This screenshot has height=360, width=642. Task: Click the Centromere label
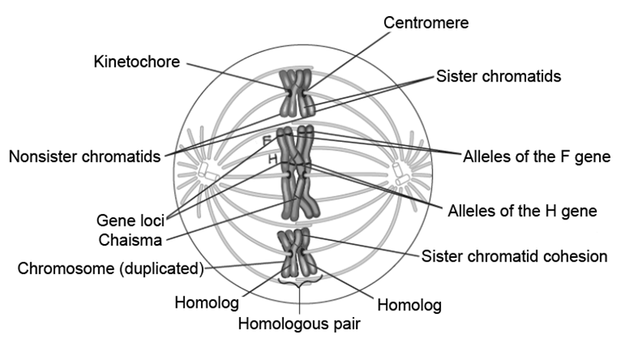click(426, 23)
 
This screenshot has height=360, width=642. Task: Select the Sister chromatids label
click(499, 77)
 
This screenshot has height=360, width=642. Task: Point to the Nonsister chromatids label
click(84, 157)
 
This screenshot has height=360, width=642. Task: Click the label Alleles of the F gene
click(537, 157)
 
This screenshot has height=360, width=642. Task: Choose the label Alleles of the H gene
click(522, 210)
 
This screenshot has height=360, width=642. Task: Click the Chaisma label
click(131, 239)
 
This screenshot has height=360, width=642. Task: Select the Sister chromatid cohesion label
click(514, 256)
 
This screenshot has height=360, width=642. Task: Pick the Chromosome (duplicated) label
click(110, 269)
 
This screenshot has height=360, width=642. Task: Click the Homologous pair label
click(299, 323)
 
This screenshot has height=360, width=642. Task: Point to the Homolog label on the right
click(406, 306)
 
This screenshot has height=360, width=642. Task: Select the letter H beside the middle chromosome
click(272, 158)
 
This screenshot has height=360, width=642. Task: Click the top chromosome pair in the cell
click(295, 93)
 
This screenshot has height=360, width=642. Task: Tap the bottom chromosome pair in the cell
click(295, 253)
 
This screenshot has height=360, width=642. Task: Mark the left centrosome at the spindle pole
click(206, 173)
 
